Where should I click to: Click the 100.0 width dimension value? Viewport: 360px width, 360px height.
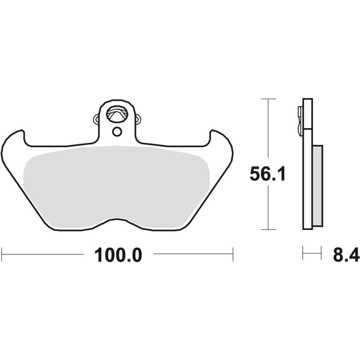pos(118,255)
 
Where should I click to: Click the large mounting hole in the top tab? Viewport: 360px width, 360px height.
pos(117,113)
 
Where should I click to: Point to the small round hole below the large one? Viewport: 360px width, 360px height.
pos(117,131)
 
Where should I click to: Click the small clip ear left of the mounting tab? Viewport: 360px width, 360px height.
pos(96,119)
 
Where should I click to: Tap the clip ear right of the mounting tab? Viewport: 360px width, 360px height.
pos(138,119)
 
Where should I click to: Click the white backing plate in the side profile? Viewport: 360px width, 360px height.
pos(307,180)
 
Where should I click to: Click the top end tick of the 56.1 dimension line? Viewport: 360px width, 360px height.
pos(268,99)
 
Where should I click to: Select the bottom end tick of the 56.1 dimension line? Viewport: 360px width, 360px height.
pos(268,229)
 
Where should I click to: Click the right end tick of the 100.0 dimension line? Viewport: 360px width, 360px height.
pos(233,253)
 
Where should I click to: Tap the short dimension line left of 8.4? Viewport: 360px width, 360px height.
pos(312,253)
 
